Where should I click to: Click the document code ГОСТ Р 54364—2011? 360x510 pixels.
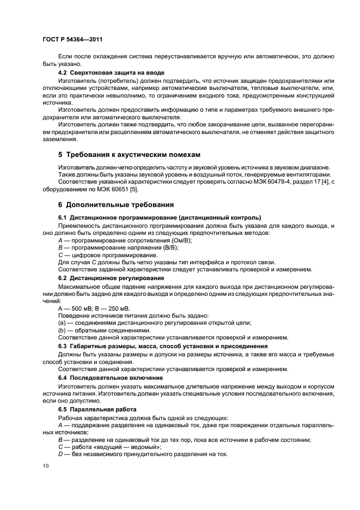click(x=73, y=40)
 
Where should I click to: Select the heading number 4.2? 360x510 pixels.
click(x=63, y=72)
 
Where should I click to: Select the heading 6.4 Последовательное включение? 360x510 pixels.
click(x=111, y=377)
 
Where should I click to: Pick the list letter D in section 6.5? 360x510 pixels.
click(x=60, y=454)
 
